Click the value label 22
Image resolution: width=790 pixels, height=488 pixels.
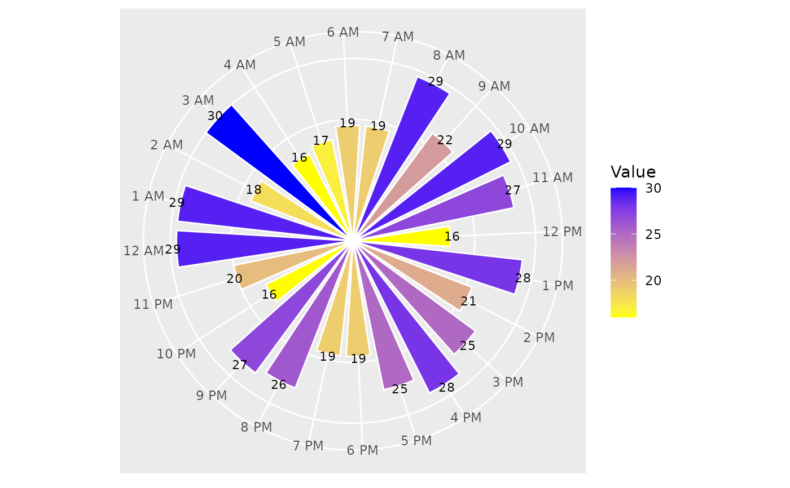click(x=445, y=140)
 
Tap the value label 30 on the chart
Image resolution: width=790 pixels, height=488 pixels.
click(x=215, y=116)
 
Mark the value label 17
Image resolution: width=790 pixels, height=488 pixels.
click(x=321, y=141)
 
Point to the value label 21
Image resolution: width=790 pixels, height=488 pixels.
click(x=468, y=301)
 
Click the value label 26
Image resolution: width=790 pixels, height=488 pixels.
click(x=279, y=384)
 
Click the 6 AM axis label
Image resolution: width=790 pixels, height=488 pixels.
click(x=343, y=33)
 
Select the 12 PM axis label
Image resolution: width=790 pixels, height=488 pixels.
click(x=562, y=232)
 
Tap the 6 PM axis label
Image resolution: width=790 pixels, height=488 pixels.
click(x=362, y=450)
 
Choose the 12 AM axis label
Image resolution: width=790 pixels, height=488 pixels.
click(x=143, y=251)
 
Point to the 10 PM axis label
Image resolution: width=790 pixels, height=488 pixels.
click(x=177, y=354)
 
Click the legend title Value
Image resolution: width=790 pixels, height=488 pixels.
click(x=633, y=172)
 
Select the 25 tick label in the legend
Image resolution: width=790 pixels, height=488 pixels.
click(x=653, y=234)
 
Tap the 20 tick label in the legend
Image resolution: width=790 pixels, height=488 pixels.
click(x=653, y=281)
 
